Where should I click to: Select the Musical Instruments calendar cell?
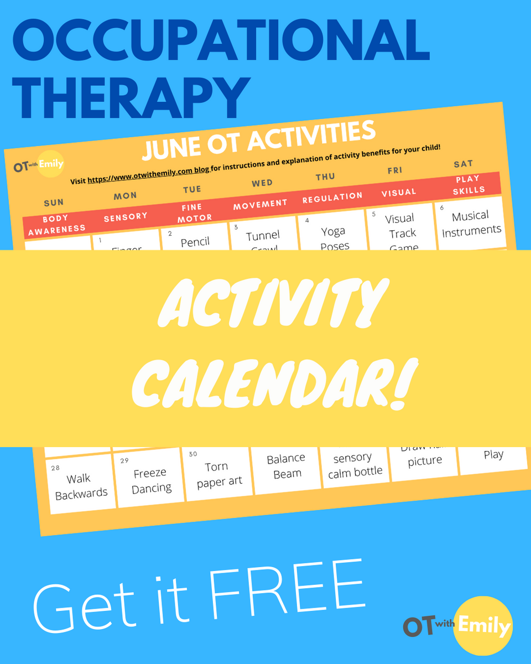pos(471,222)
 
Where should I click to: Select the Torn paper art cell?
pos(219,474)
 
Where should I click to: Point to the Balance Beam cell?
pos(287,466)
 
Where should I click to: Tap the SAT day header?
pos(463,164)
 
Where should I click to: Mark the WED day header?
pos(262,183)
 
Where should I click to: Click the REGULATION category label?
pos(332,197)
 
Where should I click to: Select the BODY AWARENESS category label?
pos(56,224)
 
